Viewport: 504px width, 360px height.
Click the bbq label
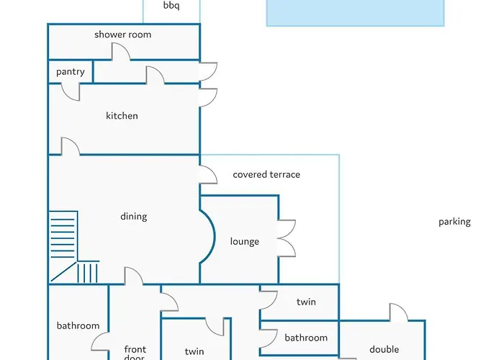[171, 6]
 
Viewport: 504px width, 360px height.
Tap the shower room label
[122, 35]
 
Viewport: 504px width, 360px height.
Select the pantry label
[71, 72]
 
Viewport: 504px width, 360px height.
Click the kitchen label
[122, 116]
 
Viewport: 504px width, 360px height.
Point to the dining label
[133, 216]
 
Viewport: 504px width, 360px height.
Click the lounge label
[244, 242]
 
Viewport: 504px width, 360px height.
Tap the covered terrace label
[266, 175]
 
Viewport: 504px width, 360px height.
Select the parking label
[454, 222]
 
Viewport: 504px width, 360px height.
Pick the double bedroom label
[384, 350]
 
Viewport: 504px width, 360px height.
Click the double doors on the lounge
[287, 238]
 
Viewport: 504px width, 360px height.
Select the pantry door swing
[71, 91]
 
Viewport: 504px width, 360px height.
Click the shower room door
[120, 52]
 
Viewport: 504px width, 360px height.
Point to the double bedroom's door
[398, 312]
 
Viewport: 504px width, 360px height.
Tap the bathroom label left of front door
[78, 326]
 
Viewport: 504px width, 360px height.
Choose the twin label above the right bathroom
[306, 302]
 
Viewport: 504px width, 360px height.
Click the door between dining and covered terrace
[207, 175]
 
